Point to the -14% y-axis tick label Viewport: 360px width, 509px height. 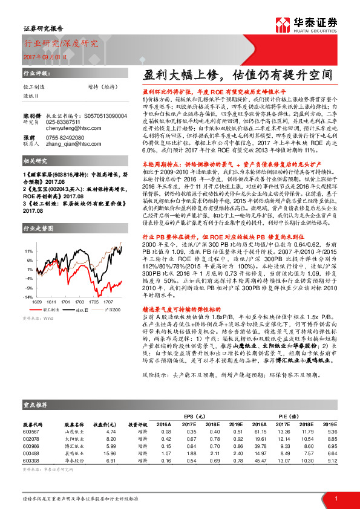tap(28, 297)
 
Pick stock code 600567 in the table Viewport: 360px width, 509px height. tap(30, 431)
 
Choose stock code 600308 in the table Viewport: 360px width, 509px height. tap(30, 459)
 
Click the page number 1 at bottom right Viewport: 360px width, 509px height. tap(336, 498)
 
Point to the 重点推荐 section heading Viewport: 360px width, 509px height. tap(35, 404)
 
